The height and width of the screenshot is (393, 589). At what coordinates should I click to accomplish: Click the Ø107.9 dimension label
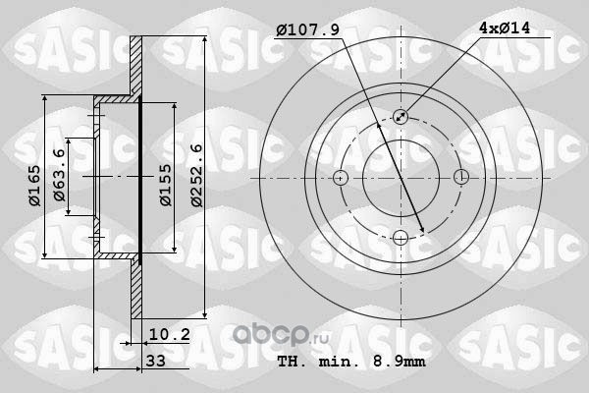click(x=308, y=29)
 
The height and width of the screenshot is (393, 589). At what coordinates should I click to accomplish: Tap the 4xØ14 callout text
click(x=505, y=28)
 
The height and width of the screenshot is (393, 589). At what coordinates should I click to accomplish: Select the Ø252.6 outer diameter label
click(x=196, y=175)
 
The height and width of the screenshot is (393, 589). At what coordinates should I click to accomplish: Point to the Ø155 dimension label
click(x=166, y=185)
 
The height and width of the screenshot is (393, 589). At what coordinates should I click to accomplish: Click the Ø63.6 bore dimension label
click(x=59, y=175)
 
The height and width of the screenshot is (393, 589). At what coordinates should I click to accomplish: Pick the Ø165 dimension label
click(x=34, y=186)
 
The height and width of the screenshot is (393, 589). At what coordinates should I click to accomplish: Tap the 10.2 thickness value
click(x=170, y=334)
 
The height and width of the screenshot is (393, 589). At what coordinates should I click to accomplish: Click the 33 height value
click(x=156, y=361)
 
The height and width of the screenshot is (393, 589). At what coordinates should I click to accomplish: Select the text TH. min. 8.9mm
click(x=351, y=362)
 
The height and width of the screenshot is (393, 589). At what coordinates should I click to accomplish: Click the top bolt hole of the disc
click(x=401, y=117)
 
